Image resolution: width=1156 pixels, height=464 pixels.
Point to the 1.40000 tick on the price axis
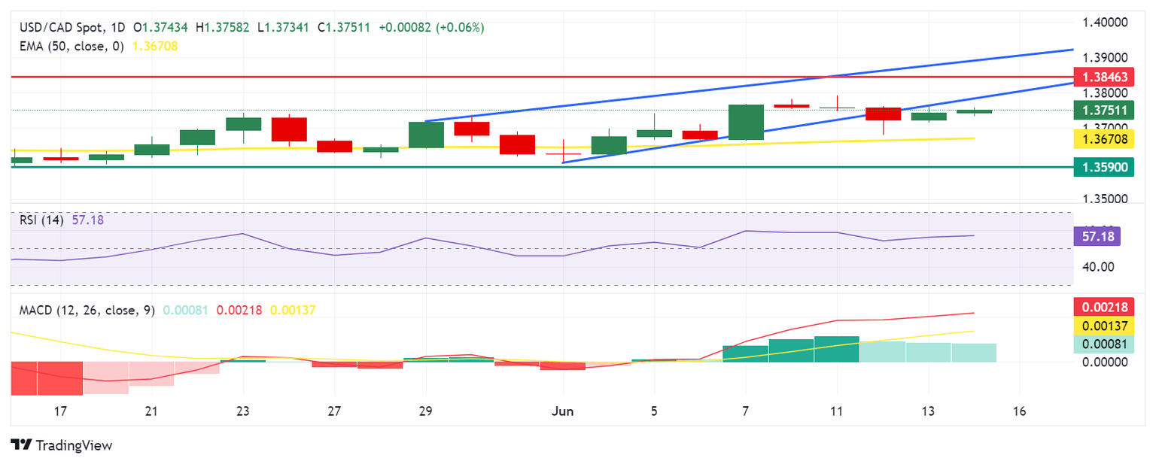click(1105, 23)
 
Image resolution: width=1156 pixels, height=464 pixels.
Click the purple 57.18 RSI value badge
click(1097, 237)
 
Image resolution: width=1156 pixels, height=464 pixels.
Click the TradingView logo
click(62, 445)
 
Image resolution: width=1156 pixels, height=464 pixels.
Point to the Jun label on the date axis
click(562, 411)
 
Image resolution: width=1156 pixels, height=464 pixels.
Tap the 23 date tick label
click(243, 411)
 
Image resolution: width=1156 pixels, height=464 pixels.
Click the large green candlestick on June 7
click(746, 122)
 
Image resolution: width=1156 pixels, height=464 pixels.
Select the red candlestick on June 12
click(883, 114)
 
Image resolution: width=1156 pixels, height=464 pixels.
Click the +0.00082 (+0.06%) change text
click(431, 27)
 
